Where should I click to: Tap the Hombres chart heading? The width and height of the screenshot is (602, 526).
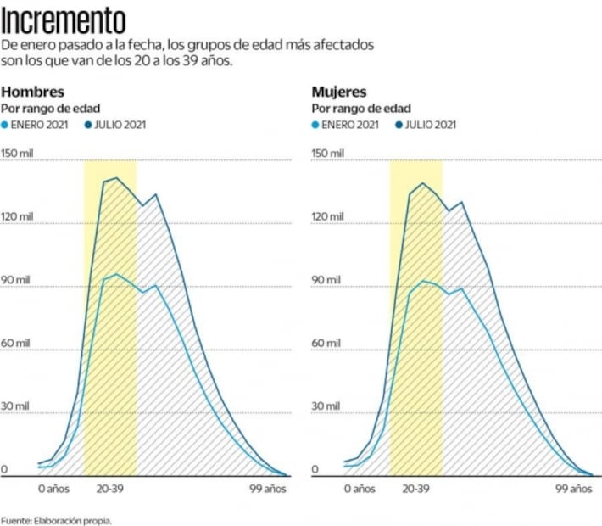32,92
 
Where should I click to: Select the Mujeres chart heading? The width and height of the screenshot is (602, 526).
339,92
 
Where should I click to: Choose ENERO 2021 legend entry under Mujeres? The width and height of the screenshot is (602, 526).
346,125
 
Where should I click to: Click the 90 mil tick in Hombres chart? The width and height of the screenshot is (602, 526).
15,279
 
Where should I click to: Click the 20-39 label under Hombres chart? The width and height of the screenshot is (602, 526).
109,490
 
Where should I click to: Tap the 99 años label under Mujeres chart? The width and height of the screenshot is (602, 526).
573,490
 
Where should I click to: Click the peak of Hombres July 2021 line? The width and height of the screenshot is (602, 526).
116,178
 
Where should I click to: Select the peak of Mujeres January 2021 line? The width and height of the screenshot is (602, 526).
422,281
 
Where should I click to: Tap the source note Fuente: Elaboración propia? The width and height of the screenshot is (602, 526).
56,519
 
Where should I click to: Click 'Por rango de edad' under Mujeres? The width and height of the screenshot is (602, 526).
360,109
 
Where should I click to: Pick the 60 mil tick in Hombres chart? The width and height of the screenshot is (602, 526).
15,343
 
